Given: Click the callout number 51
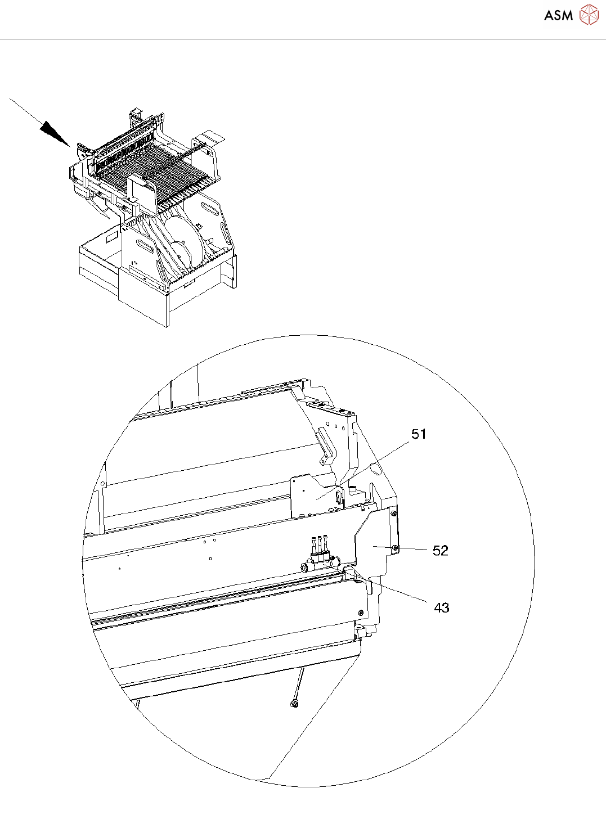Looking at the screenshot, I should pyautogui.click(x=419, y=434).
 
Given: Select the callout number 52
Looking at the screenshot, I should pyautogui.click(x=440, y=550).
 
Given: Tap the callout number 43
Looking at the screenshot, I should pyautogui.click(x=442, y=607).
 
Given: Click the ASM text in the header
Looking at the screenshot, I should pyautogui.click(x=558, y=15).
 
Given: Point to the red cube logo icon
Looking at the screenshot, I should pyautogui.click(x=589, y=15).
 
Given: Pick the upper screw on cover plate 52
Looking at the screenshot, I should pyautogui.click(x=393, y=512).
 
